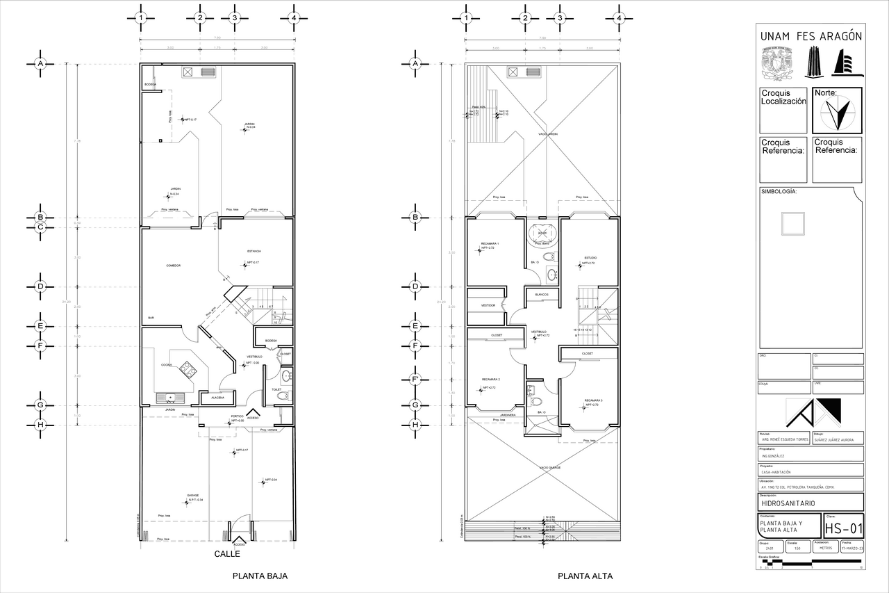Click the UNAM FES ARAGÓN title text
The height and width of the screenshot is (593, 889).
(x=811, y=36)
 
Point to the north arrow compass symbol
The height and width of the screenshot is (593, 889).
(x=837, y=111)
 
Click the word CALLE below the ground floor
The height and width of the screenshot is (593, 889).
(x=227, y=554)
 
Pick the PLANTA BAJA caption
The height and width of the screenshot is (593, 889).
(x=260, y=576)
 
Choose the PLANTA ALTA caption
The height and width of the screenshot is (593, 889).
(x=585, y=576)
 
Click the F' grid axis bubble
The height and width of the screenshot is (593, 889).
(x=416, y=380)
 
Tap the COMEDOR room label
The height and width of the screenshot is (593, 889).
(x=174, y=266)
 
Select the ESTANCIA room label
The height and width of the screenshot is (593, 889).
(x=254, y=251)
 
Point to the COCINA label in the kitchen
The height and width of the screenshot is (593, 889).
(x=167, y=365)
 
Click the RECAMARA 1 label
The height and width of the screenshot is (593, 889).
(x=490, y=244)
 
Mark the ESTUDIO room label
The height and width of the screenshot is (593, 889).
(x=590, y=258)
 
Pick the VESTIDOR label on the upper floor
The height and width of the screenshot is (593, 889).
(x=488, y=305)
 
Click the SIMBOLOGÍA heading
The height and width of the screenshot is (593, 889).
(x=779, y=191)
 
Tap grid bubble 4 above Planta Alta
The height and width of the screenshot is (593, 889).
(x=619, y=18)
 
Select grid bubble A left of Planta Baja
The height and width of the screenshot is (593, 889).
(x=40, y=63)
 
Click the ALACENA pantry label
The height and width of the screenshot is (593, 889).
(x=217, y=398)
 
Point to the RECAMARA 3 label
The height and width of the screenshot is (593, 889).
(x=593, y=400)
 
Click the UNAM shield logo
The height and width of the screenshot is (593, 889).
(x=778, y=63)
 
